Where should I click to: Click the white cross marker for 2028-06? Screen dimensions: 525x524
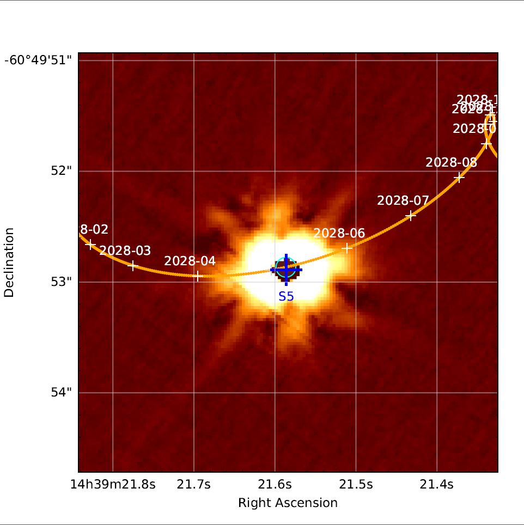pyautogui.click(x=347, y=248)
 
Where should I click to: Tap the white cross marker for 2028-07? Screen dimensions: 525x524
pyautogui.click(x=411, y=216)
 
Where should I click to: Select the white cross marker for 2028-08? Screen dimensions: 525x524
pyautogui.click(x=459, y=177)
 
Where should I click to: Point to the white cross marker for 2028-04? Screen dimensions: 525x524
pyautogui.click(x=197, y=276)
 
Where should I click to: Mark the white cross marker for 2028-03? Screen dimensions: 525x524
pyautogui.click(x=132, y=266)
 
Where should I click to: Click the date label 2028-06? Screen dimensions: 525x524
pyautogui.click(x=339, y=233)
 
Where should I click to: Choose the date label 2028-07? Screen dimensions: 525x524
pyautogui.click(x=403, y=200)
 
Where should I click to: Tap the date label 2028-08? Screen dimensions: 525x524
pyautogui.click(x=451, y=162)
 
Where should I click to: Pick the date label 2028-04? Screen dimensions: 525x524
pyautogui.click(x=190, y=261)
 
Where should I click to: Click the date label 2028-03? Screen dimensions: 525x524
pyautogui.click(x=125, y=251)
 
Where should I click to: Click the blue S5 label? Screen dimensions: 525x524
pyautogui.click(x=286, y=297)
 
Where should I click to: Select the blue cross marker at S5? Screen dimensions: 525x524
pyautogui.click(x=286, y=270)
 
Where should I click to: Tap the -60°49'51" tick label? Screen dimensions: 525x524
pyautogui.click(x=38, y=60)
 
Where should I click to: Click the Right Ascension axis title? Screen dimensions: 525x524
pyautogui.click(x=288, y=503)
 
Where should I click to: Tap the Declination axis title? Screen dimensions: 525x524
pyautogui.click(x=9, y=262)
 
